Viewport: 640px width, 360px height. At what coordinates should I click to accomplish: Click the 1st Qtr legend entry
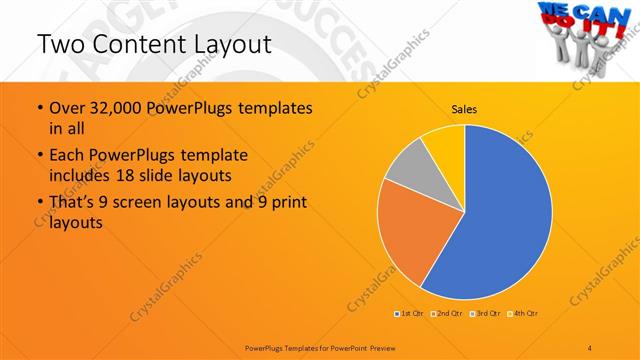[x=409, y=314]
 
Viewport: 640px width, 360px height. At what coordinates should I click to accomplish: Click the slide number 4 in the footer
[x=590, y=347]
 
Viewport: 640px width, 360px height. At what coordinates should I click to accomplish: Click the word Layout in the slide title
[x=224, y=45]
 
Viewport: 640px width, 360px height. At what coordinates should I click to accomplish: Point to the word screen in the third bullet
[x=160, y=204]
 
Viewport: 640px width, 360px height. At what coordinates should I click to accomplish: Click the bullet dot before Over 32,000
[x=39, y=108]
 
